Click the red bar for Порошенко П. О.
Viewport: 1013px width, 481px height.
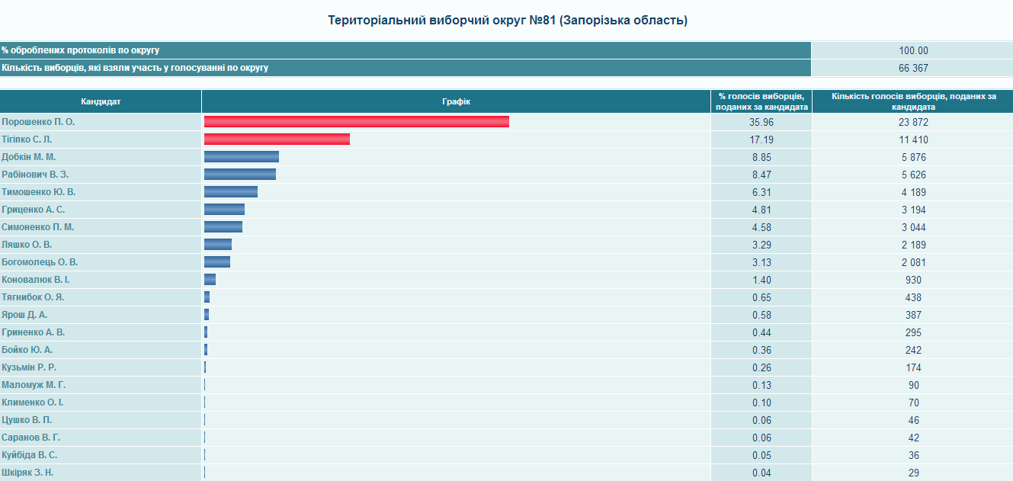pyautogui.click(x=357, y=122)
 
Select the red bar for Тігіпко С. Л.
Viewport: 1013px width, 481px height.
pyautogui.click(x=277, y=139)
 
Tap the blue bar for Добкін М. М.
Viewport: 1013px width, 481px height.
pyautogui.click(x=242, y=157)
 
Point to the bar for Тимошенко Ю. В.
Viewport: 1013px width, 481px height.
pyautogui.click(x=231, y=191)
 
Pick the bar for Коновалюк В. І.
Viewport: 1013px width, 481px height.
pyautogui.click(x=210, y=280)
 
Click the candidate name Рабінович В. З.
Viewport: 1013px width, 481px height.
pyautogui.click(x=35, y=175)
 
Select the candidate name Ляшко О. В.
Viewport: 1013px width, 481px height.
pyautogui.click(x=27, y=245)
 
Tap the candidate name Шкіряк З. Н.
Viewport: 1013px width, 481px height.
pyautogui.click(x=27, y=473)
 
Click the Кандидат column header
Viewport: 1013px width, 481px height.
pyautogui.click(x=101, y=101)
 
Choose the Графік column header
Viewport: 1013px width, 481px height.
pyautogui.click(x=457, y=101)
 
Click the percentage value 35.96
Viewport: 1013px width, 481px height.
pyautogui.click(x=761, y=122)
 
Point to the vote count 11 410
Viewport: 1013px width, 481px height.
pyautogui.click(x=913, y=139)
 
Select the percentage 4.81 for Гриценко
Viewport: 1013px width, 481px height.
pyautogui.click(x=761, y=210)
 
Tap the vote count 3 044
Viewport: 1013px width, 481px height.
pyautogui.click(x=913, y=227)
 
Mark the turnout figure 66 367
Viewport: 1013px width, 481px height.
pyautogui.click(x=913, y=68)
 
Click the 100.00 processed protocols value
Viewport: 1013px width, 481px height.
pyautogui.click(x=913, y=50)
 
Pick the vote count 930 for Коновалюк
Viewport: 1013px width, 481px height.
pyautogui.click(x=913, y=280)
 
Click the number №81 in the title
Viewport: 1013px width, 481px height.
pyautogui.click(x=542, y=21)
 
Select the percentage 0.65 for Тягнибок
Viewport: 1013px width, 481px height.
pyautogui.click(x=761, y=297)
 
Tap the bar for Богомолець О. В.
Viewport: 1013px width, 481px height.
pyautogui.click(x=217, y=261)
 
